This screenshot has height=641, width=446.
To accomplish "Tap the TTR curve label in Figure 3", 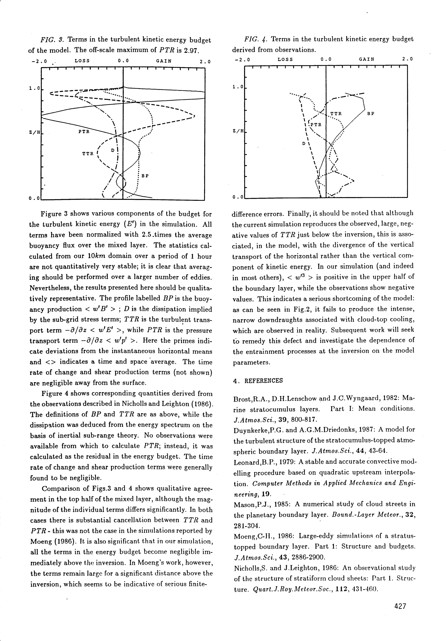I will (x=88, y=154).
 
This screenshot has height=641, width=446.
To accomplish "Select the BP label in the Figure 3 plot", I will (x=145, y=176).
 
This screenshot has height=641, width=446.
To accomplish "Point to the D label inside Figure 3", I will (x=113, y=150).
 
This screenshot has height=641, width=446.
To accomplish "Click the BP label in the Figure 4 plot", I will (x=371, y=114).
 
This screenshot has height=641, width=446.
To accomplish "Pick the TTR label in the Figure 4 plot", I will (x=336, y=114).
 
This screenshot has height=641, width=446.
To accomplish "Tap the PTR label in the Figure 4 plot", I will (x=316, y=124).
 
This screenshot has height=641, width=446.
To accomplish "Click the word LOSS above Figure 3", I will (x=82, y=61).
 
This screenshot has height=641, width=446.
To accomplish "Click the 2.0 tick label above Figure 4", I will (x=407, y=59).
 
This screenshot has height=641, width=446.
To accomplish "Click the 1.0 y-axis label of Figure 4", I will (x=237, y=87).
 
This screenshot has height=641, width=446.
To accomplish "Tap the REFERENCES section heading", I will (x=260, y=381).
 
